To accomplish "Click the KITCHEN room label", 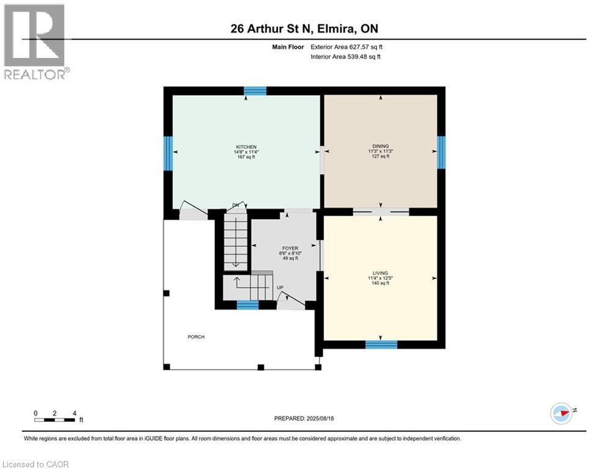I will (246, 147).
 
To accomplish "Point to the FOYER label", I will (290, 249).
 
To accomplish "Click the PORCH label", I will (196, 337).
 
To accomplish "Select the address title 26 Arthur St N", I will (304, 28).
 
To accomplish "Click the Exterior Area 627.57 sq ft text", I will (346, 46).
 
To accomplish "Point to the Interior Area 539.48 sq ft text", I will (346, 57).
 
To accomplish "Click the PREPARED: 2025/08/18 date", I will (304, 418).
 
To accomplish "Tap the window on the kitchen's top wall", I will (255, 91).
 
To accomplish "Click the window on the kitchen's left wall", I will (167, 151).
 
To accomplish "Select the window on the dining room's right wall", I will (441, 151).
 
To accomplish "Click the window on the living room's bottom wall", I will (381, 344).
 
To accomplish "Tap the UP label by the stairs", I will (280, 287).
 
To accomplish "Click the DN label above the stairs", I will (235, 205).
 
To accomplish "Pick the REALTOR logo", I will (35, 41).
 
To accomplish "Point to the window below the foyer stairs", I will (247, 305).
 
